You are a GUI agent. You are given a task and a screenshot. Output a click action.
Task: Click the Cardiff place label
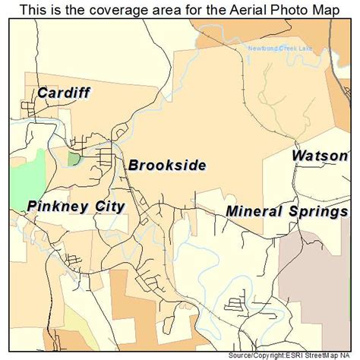coord(63,93)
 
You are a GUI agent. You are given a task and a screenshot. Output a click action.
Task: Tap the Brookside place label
coord(166,166)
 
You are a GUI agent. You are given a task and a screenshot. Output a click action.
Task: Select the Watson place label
coord(321,156)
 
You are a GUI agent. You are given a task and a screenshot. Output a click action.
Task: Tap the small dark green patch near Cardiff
coord(74,158)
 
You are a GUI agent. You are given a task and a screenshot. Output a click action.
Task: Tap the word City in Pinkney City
coord(107,207)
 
